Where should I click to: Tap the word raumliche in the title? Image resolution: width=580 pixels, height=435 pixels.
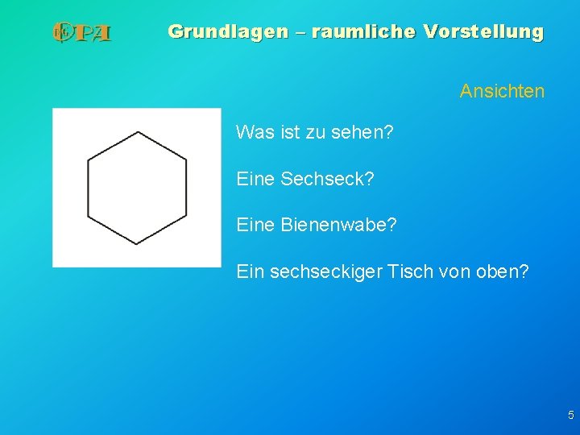(362, 32)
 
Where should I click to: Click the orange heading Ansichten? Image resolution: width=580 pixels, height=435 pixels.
(502, 92)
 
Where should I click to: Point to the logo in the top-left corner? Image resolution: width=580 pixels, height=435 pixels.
(81, 33)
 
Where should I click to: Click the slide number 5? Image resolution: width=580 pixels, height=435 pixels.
(570, 416)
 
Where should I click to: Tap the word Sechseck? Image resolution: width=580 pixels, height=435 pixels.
(327, 178)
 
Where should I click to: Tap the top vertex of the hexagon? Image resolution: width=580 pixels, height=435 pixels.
(138, 132)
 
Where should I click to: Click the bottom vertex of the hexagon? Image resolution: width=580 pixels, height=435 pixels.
(137, 243)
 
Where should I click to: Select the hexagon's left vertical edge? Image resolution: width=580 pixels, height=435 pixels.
(89, 188)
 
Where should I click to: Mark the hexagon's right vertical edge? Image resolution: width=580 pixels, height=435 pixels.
(186, 188)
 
